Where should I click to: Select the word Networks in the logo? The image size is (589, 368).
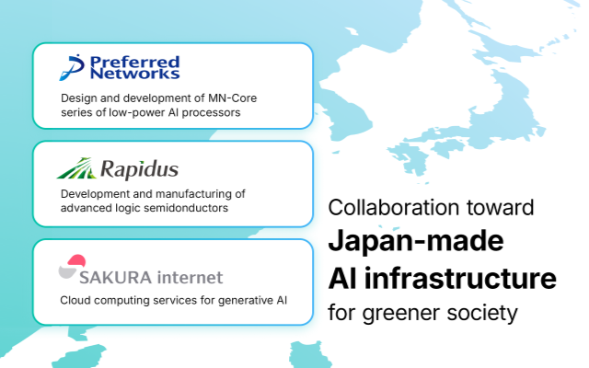[135, 75]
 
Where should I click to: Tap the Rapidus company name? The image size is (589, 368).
[142, 170]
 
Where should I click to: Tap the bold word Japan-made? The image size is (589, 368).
[415, 241]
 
